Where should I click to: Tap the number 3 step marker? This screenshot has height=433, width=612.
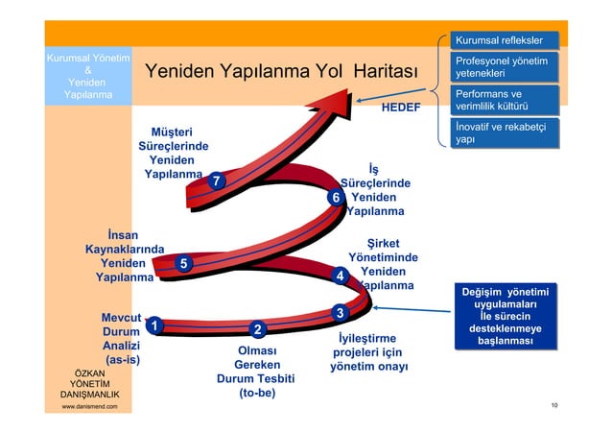[x=338, y=313]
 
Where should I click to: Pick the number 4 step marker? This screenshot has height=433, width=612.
[x=338, y=277]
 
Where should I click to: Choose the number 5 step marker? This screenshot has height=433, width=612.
[x=184, y=263]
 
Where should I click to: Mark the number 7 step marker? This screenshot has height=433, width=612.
[x=219, y=180]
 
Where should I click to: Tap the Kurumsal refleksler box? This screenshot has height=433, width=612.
[x=505, y=40]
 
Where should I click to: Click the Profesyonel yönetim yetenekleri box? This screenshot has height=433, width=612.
[x=505, y=67]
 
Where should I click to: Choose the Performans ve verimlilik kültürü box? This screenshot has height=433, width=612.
[x=505, y=101]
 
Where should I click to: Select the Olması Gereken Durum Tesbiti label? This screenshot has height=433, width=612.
[x=257, y=372]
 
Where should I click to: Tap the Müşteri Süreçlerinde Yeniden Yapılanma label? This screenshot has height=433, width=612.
[x=173, y=153]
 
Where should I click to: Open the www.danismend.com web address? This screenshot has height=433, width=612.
[x=89, y=407]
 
